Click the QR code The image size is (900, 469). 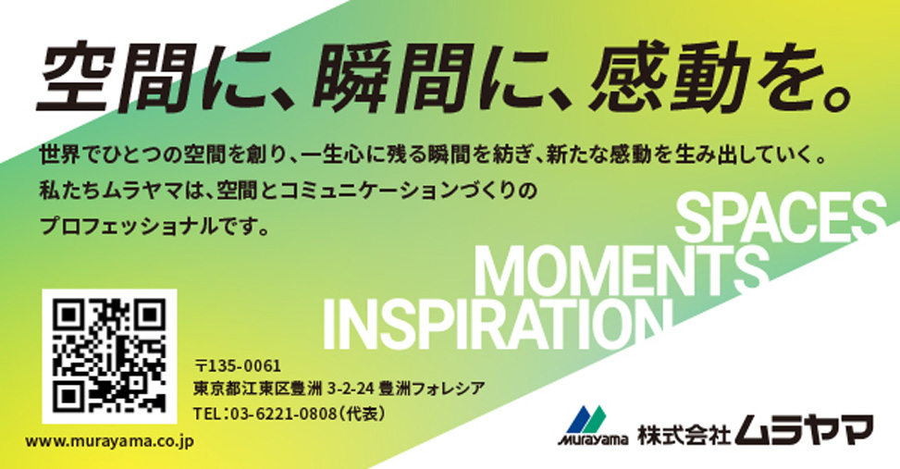(109, 356)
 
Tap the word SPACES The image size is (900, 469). (781, 217)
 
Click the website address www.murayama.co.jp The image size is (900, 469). (110, 441)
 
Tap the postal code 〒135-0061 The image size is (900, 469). (238, 365)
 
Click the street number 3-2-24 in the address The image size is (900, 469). (351, 389)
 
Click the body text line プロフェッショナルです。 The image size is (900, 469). (155, 227)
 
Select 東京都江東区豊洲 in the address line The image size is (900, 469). (258, 389)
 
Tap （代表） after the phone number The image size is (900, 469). (362, 413)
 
